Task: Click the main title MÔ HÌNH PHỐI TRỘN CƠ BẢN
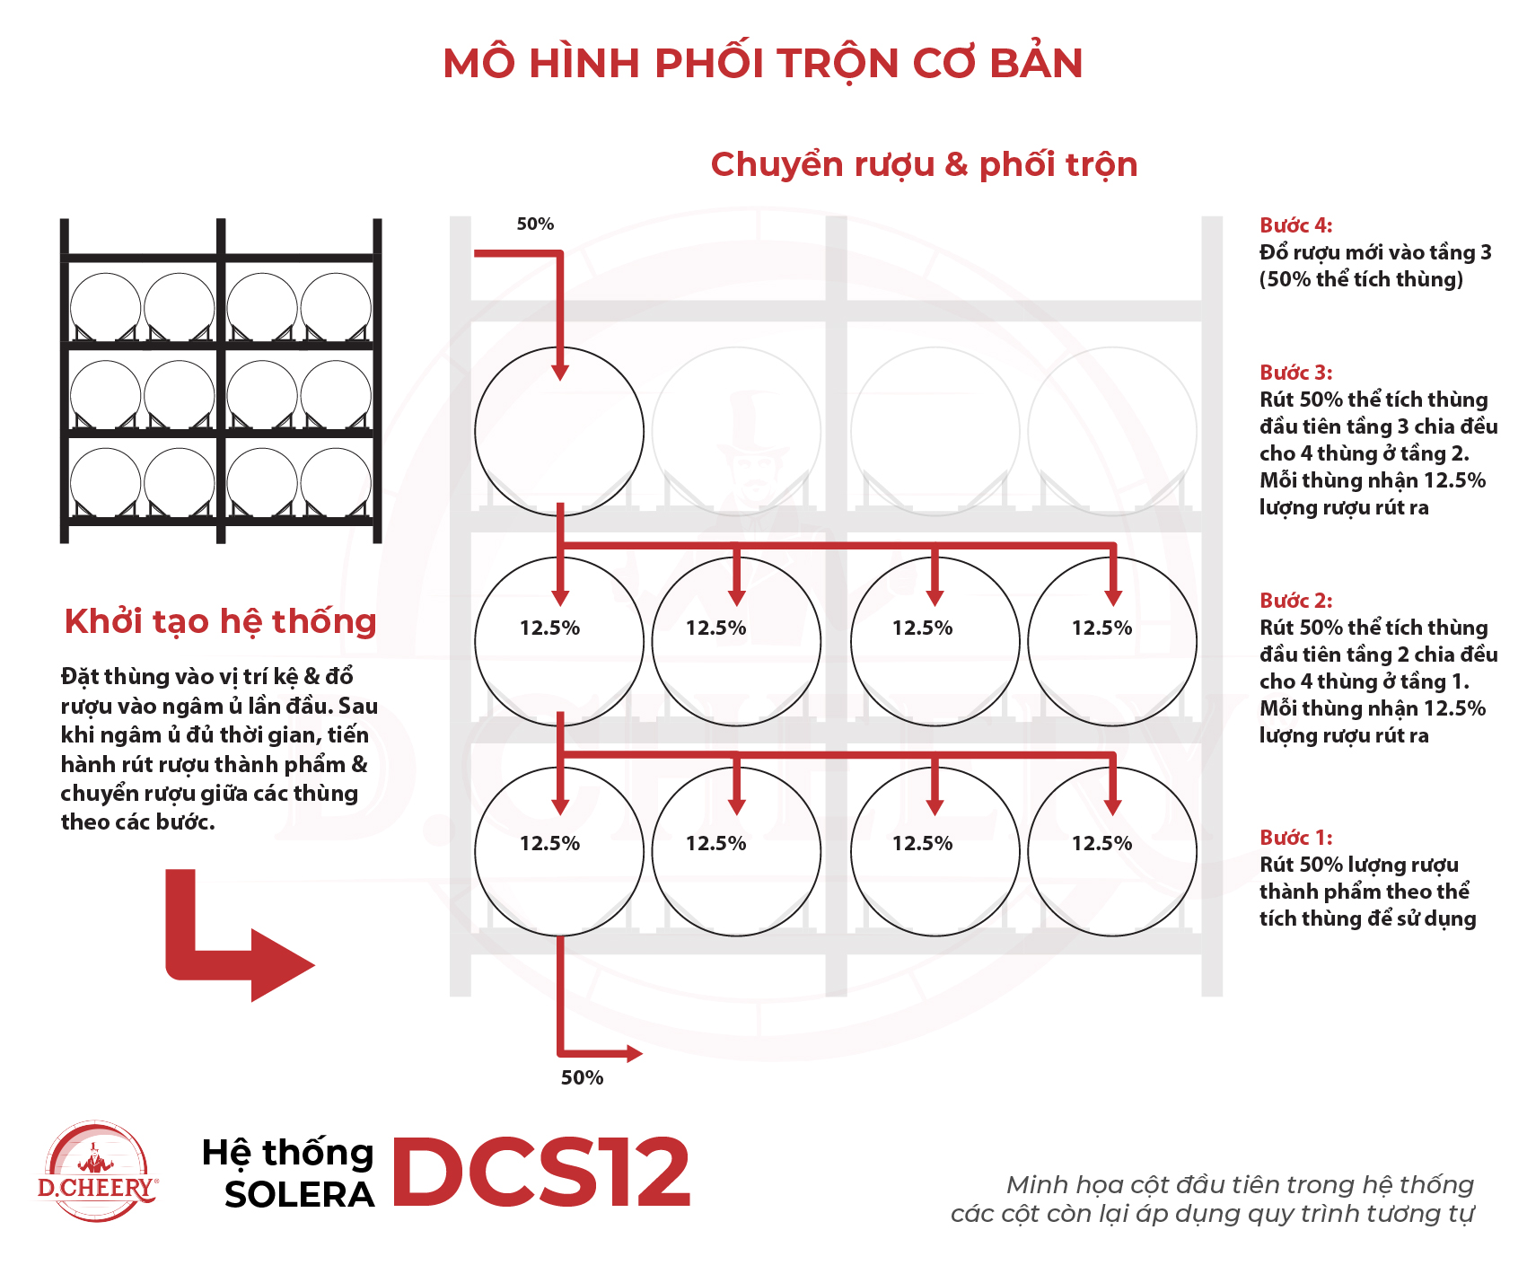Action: (763, 64)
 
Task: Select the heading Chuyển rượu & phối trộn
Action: (924, 164)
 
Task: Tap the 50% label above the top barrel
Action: (535, 224)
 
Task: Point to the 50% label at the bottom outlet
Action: (582, 1077)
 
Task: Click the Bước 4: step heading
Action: (1295, 225)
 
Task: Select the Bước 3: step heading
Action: (1295, 373)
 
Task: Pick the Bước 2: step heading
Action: (1295, 601)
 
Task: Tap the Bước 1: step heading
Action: (1295, 838)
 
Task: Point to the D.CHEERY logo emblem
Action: (97, 1172)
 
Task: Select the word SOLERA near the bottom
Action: (299, 1195)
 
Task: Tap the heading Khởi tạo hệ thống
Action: (220, 621)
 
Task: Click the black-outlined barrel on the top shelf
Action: (558, 431)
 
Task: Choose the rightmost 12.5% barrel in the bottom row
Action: (1111, 851)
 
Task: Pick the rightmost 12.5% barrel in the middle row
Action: (1111, 640)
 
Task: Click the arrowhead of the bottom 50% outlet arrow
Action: (634, 1053)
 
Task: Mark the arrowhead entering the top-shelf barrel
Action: (560, 372)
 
